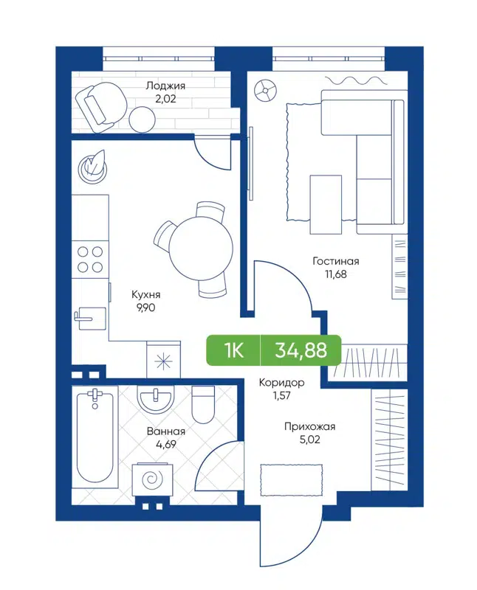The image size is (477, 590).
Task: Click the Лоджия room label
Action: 165,86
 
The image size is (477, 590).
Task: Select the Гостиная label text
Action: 334,261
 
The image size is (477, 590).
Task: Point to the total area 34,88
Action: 301,350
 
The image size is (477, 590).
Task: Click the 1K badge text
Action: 234,350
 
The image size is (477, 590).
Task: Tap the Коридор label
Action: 281,383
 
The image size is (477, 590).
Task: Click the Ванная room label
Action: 166,431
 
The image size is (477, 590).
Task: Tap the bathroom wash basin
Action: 155,401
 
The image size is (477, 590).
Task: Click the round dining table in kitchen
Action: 196,247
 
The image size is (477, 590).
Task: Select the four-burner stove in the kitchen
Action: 90,258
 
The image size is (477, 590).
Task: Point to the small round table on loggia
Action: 141,119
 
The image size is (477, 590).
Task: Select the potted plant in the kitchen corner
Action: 93,166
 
